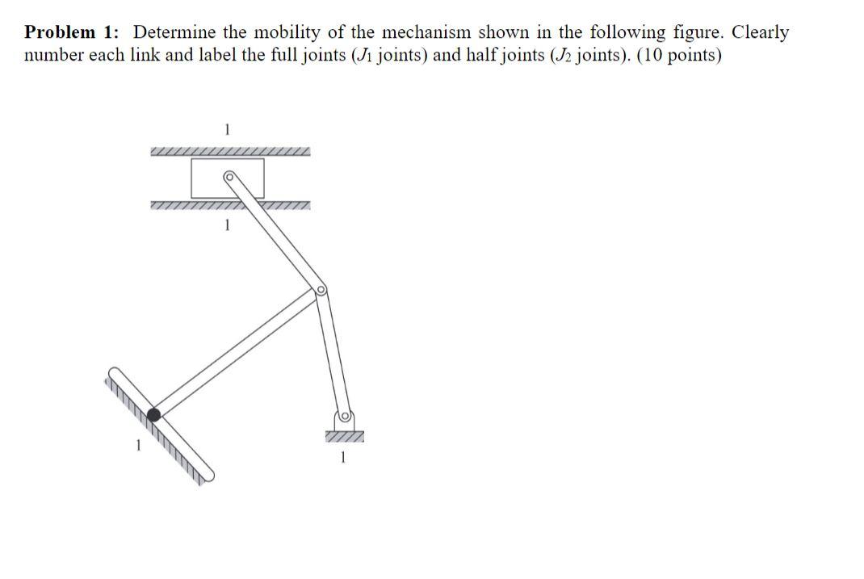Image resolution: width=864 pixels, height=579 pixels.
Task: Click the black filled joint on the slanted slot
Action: (153, 414)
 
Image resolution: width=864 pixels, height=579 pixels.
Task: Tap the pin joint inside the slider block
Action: (229, 176)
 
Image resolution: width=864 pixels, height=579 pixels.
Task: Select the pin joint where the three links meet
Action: (321, 290)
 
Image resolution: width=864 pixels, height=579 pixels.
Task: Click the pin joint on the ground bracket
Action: (343, 417)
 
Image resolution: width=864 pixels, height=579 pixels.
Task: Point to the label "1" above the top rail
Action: (228, 128)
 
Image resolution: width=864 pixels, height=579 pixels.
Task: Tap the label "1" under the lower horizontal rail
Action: (228, 227)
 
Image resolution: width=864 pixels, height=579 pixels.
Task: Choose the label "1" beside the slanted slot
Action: (138, 443)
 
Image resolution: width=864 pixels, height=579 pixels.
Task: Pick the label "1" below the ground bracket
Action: (344, 459)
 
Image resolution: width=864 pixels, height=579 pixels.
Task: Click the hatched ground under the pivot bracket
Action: (345, 437)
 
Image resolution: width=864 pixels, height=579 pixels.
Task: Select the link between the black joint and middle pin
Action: (234, 353)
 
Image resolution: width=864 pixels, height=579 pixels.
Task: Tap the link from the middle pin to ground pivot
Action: (333, 354)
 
